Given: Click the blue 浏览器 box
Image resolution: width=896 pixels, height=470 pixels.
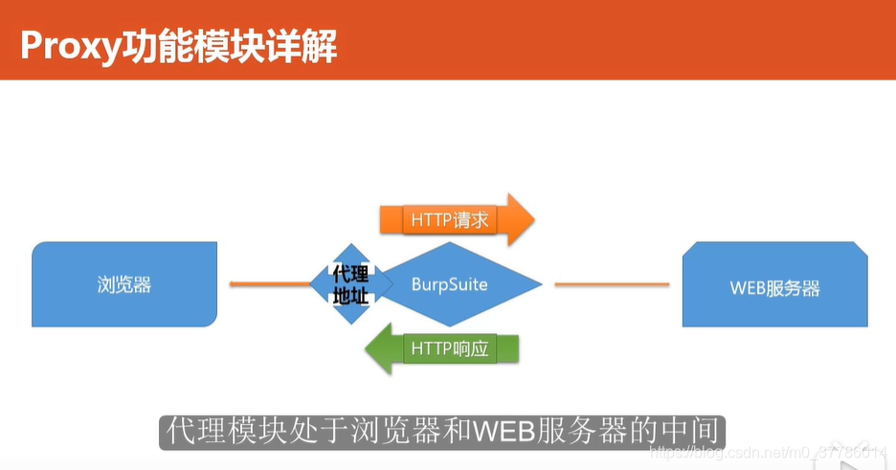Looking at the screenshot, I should (x=124, y=284).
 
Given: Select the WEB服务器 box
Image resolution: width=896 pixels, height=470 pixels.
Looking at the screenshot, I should (x=775, y=286).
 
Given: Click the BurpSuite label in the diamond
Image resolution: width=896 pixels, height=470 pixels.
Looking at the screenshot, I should (x=450, y=284).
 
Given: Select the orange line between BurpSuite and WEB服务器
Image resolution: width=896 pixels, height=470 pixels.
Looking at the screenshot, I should (x=612, y=284).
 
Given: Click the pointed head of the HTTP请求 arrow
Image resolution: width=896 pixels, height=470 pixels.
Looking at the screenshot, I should (x=520, y=220).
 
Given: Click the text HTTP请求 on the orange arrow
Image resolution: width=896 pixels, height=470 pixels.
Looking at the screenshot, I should (x=450, y=220).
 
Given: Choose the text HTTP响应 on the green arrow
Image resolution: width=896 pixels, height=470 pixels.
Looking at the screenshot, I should (x=450, y=348).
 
